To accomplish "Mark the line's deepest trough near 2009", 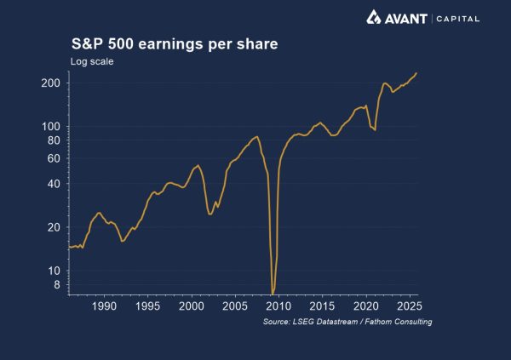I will [273, 292].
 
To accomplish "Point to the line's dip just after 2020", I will [375, 129].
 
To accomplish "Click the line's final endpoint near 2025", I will [416, 73].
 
